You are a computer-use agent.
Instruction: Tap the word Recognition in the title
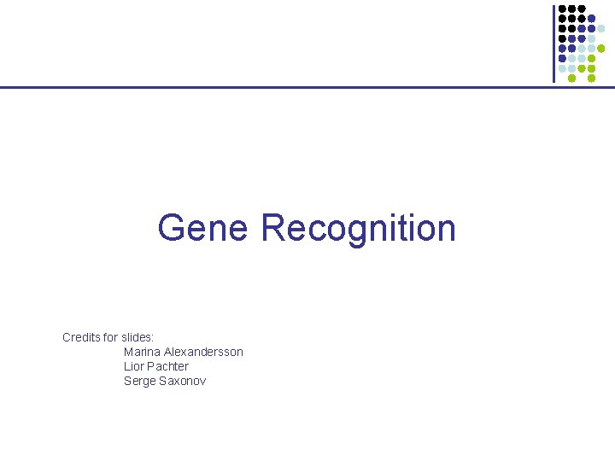coord(359,229)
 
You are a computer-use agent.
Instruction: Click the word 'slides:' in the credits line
coord(138,337)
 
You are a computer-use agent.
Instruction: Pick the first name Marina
coord(142,352)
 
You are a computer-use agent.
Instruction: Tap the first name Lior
coord(134,366)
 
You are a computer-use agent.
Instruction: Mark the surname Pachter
coord(168,366)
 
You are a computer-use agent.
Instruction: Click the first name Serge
coord(140,381)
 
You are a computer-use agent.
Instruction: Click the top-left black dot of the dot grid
coord(562,9)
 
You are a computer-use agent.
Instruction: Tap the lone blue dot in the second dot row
coord(592,18)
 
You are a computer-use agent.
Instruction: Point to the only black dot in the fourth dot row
coord(562,38)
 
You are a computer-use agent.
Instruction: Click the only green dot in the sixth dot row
coord(592,58)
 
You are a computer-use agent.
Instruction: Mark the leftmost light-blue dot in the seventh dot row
coord(562,68)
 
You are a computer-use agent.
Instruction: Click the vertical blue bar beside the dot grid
coord(553,43)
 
